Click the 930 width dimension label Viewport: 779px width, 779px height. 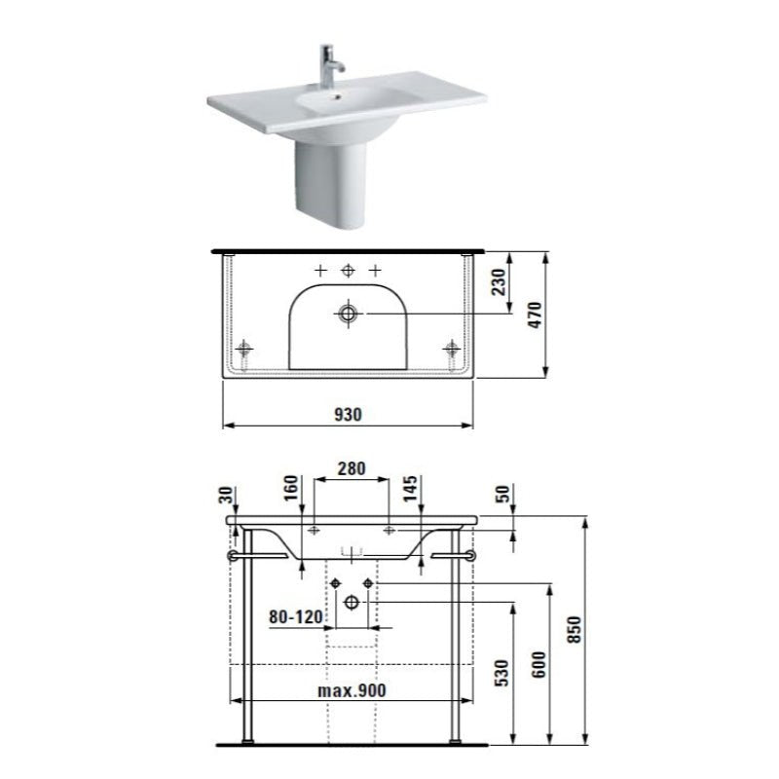pos(349,414)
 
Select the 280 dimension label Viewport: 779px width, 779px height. pos(352,468)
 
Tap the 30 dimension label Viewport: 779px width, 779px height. pos(227,495)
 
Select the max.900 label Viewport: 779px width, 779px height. pos(352,690)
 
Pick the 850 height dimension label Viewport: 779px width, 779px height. pos(578,632)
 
